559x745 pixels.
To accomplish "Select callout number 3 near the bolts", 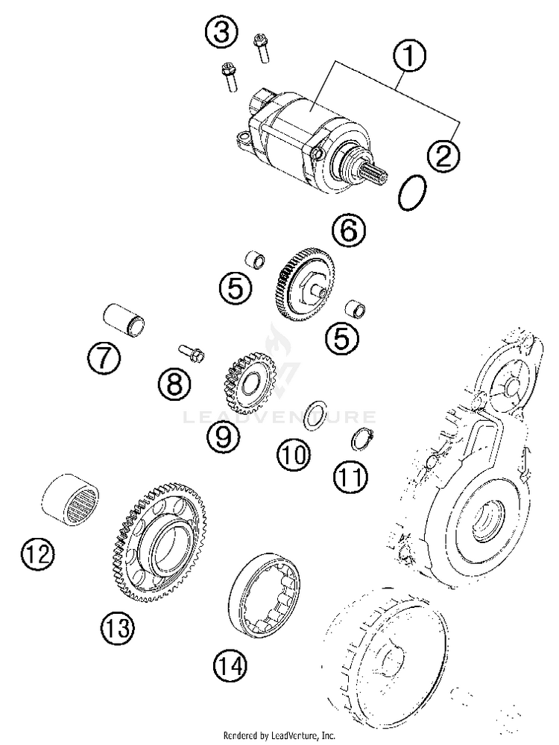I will tap(223, 32).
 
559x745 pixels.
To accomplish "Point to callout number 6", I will tap(350, 232).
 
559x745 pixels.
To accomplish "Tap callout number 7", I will tap(103, 359).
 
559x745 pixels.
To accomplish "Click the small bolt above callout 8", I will tap(192, 352).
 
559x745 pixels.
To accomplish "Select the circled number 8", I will tap(174, 384).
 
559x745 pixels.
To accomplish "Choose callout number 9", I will tap(224, 437).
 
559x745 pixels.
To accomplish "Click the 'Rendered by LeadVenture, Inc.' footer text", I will tap(279, 735).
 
